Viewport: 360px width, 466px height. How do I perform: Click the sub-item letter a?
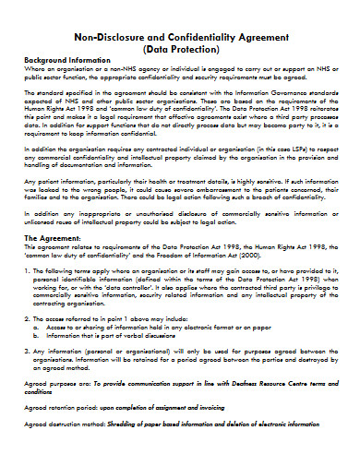(34, 352)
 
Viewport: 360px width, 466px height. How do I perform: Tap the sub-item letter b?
(34, 360)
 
